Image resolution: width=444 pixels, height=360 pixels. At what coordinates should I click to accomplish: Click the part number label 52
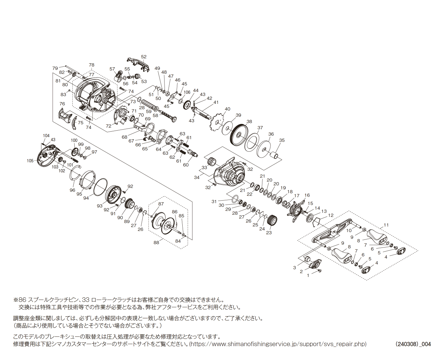coord(144,57)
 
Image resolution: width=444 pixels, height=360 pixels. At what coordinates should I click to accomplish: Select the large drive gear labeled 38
coord(239,135)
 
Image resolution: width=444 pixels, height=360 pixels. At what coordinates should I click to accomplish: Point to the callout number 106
coord(187,92)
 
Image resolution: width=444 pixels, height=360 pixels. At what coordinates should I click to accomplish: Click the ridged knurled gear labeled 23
coord(272,221)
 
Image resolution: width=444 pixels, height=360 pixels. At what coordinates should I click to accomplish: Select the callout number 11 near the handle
coord(386,225)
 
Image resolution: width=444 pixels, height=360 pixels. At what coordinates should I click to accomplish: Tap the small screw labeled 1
coord(320,271)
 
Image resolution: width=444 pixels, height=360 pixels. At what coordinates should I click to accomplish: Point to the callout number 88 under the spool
coord(156,242)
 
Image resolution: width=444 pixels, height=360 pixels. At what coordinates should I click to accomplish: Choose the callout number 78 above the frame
coord(91,65)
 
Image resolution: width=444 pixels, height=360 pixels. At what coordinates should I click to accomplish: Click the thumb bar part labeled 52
coord(138,64)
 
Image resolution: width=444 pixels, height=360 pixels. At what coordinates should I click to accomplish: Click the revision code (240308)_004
coord(413,344)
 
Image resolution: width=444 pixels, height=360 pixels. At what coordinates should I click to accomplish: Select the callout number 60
coord(186,165)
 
